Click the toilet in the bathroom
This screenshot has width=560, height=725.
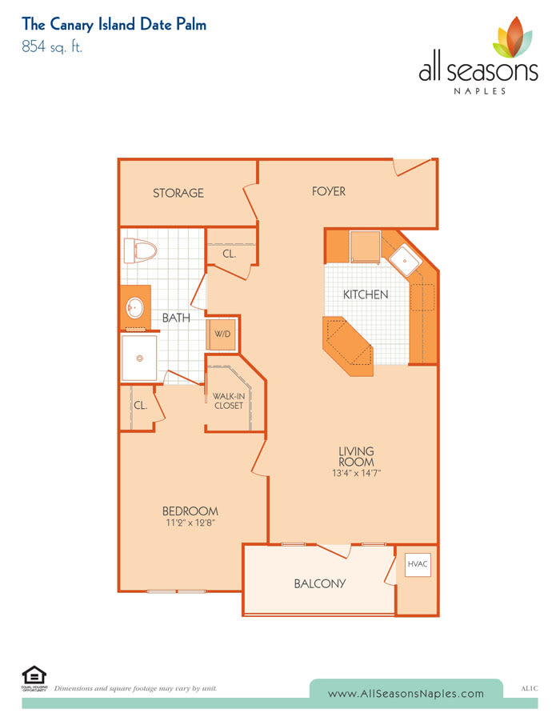140,251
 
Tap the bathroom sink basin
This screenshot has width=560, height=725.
135,307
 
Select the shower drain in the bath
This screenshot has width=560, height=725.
139,358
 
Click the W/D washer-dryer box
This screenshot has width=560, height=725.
222,334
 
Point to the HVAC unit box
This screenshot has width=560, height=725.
418,565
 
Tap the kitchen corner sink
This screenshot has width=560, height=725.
405,260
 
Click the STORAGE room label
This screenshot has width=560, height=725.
178,193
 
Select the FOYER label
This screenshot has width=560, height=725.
328,191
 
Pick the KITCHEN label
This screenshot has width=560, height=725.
366,294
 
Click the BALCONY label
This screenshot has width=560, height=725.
319,583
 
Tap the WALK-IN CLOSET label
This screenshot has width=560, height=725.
229,401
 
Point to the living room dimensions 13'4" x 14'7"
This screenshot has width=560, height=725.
356,473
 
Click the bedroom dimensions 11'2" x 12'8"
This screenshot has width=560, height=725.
190,523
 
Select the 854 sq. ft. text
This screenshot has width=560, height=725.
52,46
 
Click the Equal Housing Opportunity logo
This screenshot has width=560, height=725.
34,679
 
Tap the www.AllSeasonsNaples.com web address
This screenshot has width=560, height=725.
406,694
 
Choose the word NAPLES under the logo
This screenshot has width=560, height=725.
479,91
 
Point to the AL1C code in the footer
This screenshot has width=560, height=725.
529,688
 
